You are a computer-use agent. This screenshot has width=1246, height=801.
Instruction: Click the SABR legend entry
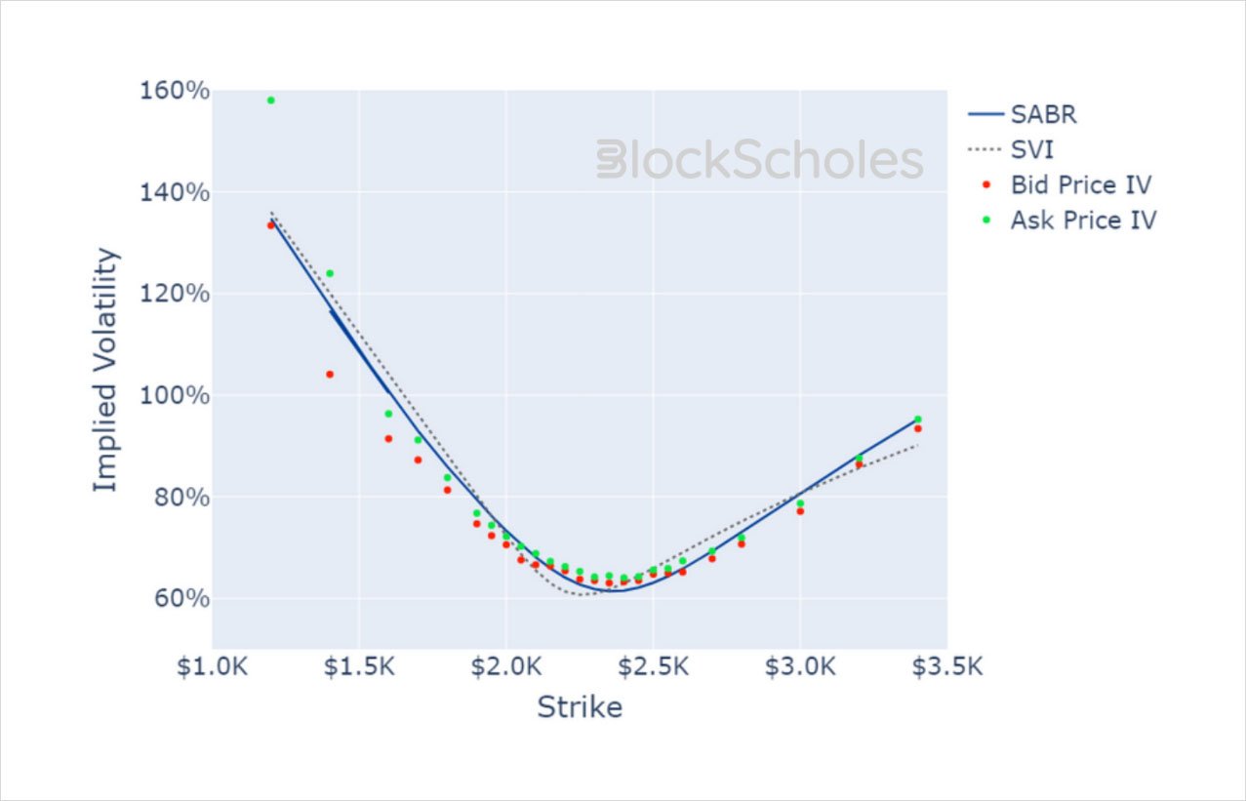pos(1043,114)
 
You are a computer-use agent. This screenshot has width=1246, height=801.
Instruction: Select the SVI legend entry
pos(1031,149)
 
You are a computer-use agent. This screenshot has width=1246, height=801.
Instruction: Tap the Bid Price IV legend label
pos(1080,184)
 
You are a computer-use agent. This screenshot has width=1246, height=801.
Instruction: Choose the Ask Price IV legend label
pos(1082,220)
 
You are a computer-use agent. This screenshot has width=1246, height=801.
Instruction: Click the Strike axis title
pos(580,707)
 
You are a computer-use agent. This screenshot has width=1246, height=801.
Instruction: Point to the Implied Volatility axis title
pos(106,370)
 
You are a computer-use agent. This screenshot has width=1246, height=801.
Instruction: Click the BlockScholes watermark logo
pos(759,160)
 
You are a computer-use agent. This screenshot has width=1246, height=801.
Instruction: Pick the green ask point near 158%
pos(271,100)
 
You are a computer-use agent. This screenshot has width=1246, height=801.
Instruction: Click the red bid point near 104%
pos(330,375)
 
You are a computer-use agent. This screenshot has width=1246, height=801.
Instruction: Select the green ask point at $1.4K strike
pos(330,273)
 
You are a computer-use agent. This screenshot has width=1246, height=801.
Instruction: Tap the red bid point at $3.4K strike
pos(917,428)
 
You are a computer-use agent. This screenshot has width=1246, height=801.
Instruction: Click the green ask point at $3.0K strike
pos(800,503)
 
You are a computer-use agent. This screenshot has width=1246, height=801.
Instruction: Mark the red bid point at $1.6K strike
pos(388,439)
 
